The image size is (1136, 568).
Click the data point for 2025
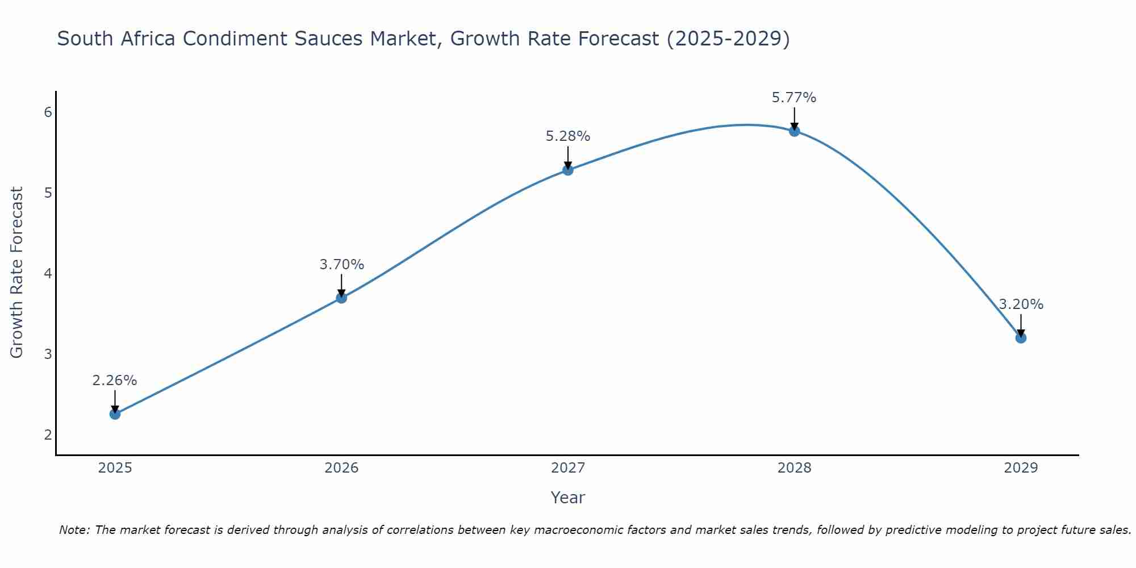[x=115, y=414]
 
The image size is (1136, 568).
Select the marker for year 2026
[x=341, y=298]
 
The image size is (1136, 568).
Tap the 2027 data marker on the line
[x=568, y=170]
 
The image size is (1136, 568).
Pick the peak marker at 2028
[x=794, y=131]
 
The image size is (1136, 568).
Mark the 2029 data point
[x=1021, y=338]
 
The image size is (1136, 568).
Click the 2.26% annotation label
[x=115, y=381]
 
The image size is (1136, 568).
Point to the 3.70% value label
[x=341, y=265]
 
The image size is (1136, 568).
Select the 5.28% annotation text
[x=568, y=136]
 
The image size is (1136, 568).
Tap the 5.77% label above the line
[x=794, y=98]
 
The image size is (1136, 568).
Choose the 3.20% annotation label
[x=1021, y=304]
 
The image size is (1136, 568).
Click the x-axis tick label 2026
[x=341, y=468]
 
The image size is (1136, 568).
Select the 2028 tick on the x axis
[x=794, y=468]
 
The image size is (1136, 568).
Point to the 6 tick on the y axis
[x=48, y=112]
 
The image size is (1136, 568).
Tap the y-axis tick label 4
[x=48, y=274]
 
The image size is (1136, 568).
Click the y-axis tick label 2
[x=48, y=435]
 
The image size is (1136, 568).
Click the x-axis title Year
[x=568, y=498]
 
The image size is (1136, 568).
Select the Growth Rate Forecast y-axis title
[x=17, y=273]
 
